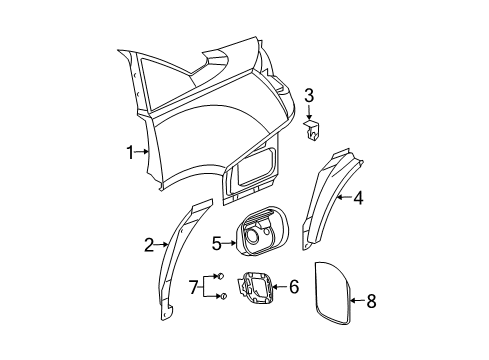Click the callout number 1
pos(129,152)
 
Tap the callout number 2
pos(149,244)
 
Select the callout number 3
pos(309,96)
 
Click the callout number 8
pos(372,299)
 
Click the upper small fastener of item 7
pos(223,277)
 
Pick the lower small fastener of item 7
pos(223,296)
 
